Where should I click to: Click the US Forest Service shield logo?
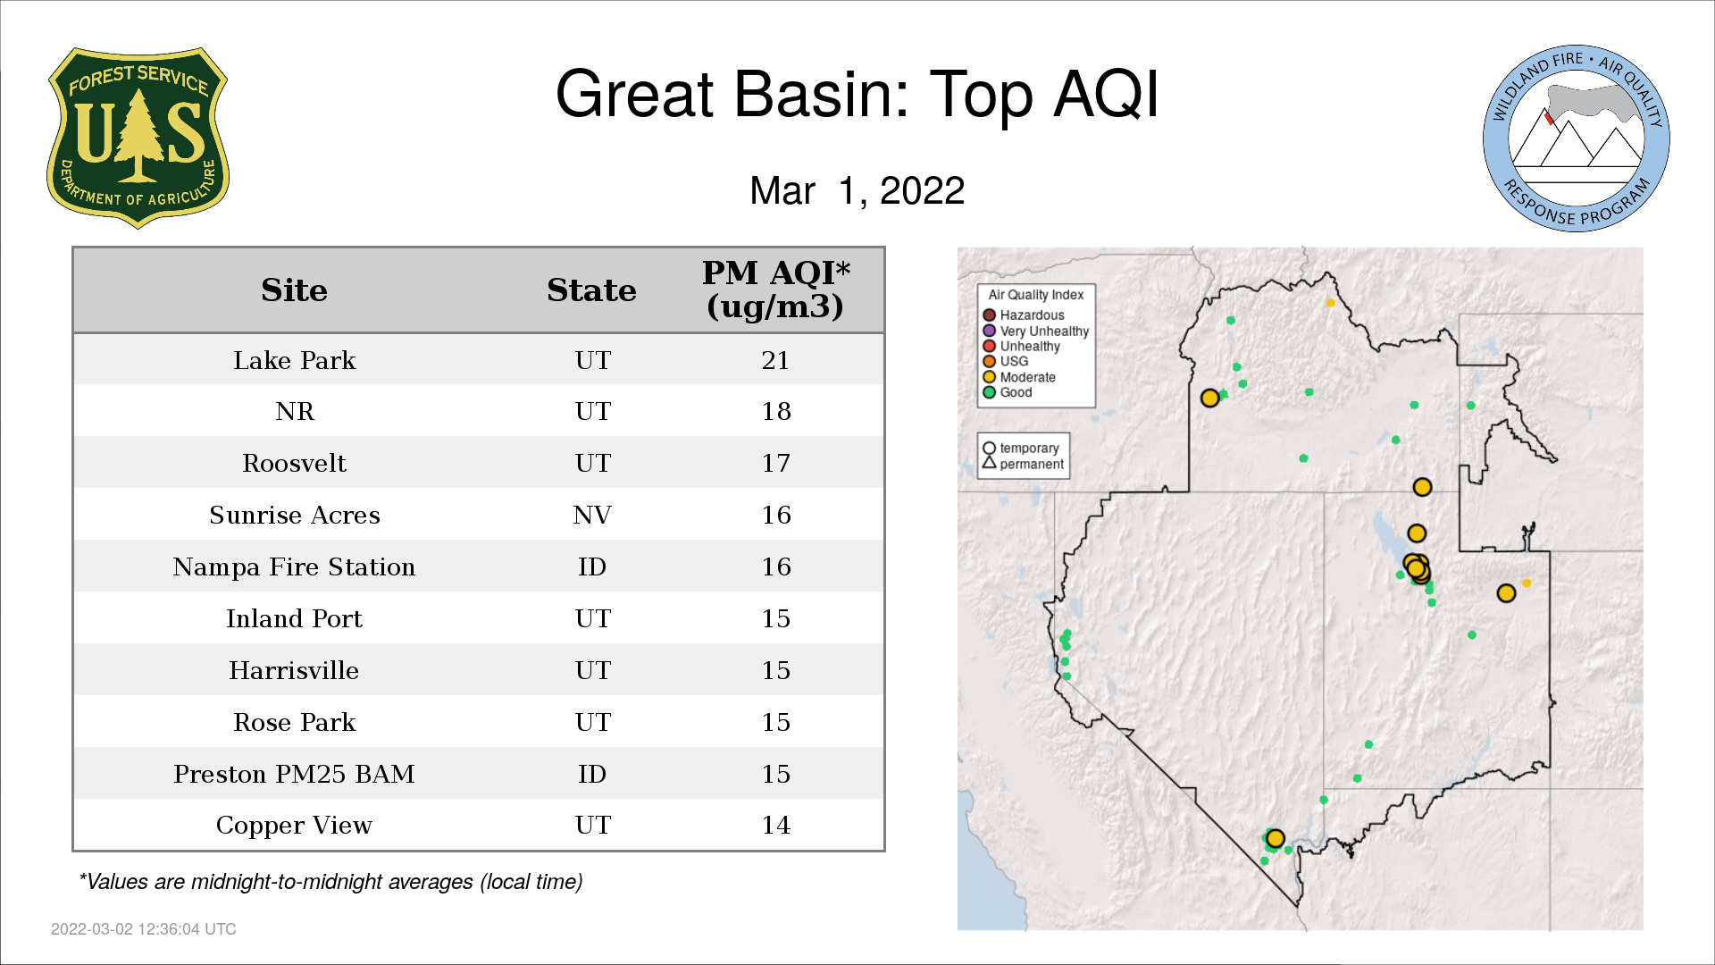click(x=138, y=138)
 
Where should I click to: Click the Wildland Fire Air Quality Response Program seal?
click(x=1577, y=138)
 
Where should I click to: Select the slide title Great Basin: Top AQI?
click(x=857, y=94)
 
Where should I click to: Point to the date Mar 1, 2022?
click(x=857, y=190)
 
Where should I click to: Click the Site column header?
click(x=294, y=290)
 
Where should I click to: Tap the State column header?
click(x=591, y=290)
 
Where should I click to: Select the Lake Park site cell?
click(x=295, y=360)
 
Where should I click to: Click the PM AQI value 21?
click(x=775, y=360)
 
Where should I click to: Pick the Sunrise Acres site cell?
click(x=295, y=515)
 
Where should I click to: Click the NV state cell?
click(x=592, y=515)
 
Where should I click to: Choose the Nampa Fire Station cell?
click(x=294, y=566)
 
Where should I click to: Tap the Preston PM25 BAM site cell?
click(x=294, y=774)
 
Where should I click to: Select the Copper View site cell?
click(x=294, y=826)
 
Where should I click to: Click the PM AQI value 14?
click(x=775, y=825)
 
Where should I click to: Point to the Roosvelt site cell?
click(x=294, y=463)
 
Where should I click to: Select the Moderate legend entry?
click(x=1019, y=377)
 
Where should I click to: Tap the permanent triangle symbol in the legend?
click(x=989, y=462)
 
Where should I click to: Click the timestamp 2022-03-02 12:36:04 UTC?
click(x=144, y=929)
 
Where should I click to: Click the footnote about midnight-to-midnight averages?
click(x=330, y=882)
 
